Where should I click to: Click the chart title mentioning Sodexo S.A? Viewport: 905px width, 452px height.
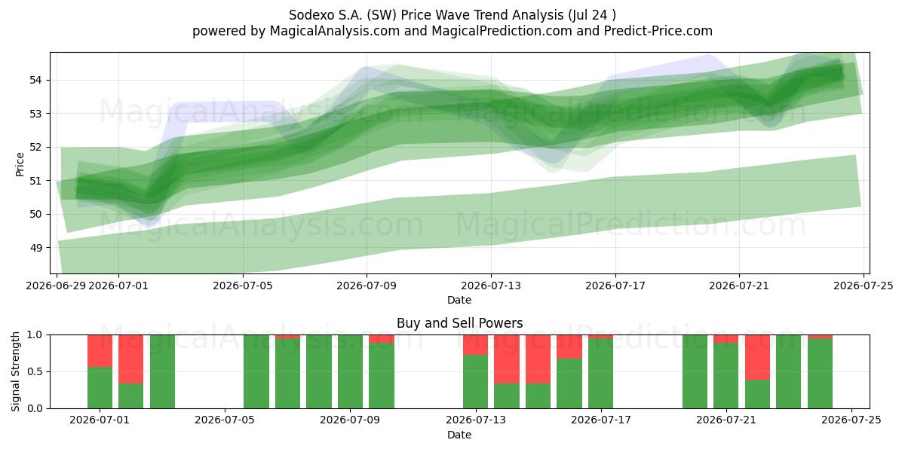pyautogui.click(x=452, y=15)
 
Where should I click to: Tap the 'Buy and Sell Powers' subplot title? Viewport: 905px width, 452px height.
pyautogui.click(x=459, y=323)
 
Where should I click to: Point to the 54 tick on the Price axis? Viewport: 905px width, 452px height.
pyautogui.click(x=35, y=80)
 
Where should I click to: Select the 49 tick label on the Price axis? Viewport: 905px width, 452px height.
pyautogui.click(x=35, y=247)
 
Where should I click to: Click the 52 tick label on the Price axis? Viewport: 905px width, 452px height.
pyautogui.click(x=35, y=147)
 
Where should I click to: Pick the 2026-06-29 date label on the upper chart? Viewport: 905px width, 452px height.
pyautogui.click(x=56, y=286)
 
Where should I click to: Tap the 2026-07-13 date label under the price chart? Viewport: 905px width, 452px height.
pyautogui.click(x=491, y=286)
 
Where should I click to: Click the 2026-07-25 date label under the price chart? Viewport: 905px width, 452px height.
pyautogui.click(x=864, y=286)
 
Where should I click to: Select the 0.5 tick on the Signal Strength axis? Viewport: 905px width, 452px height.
pyautogui.click(x=35, y=371)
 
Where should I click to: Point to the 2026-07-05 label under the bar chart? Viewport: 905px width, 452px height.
pyautogui.click(x=224, y=420)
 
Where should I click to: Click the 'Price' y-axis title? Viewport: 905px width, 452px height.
pyautogui.click(x=20, y=164)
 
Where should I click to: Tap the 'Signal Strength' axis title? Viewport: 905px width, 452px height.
pyautogui.click(x=15, y=371)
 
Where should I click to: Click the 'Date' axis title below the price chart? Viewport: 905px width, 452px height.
pyautogui.click(x=459, y=300)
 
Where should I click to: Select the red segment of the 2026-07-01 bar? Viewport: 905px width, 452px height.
pyautogui.click(x=100, y=351)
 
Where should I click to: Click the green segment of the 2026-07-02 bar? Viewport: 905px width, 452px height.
pyautogui.click(x=131, y=396)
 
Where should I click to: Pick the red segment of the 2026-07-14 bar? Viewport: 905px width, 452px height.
pyautogui.click(x=507, y=359)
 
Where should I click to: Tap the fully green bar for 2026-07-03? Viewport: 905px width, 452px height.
pyautogui.click(x=162, y=371)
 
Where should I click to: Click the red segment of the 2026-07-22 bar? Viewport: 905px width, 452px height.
pyautogui.click(x=757, y=358)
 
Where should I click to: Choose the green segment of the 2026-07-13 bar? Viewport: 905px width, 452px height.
pyautogui.click(x=476, y=382)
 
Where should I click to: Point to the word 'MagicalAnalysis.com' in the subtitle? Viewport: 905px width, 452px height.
pyautogui.click(x=335, y=31)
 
